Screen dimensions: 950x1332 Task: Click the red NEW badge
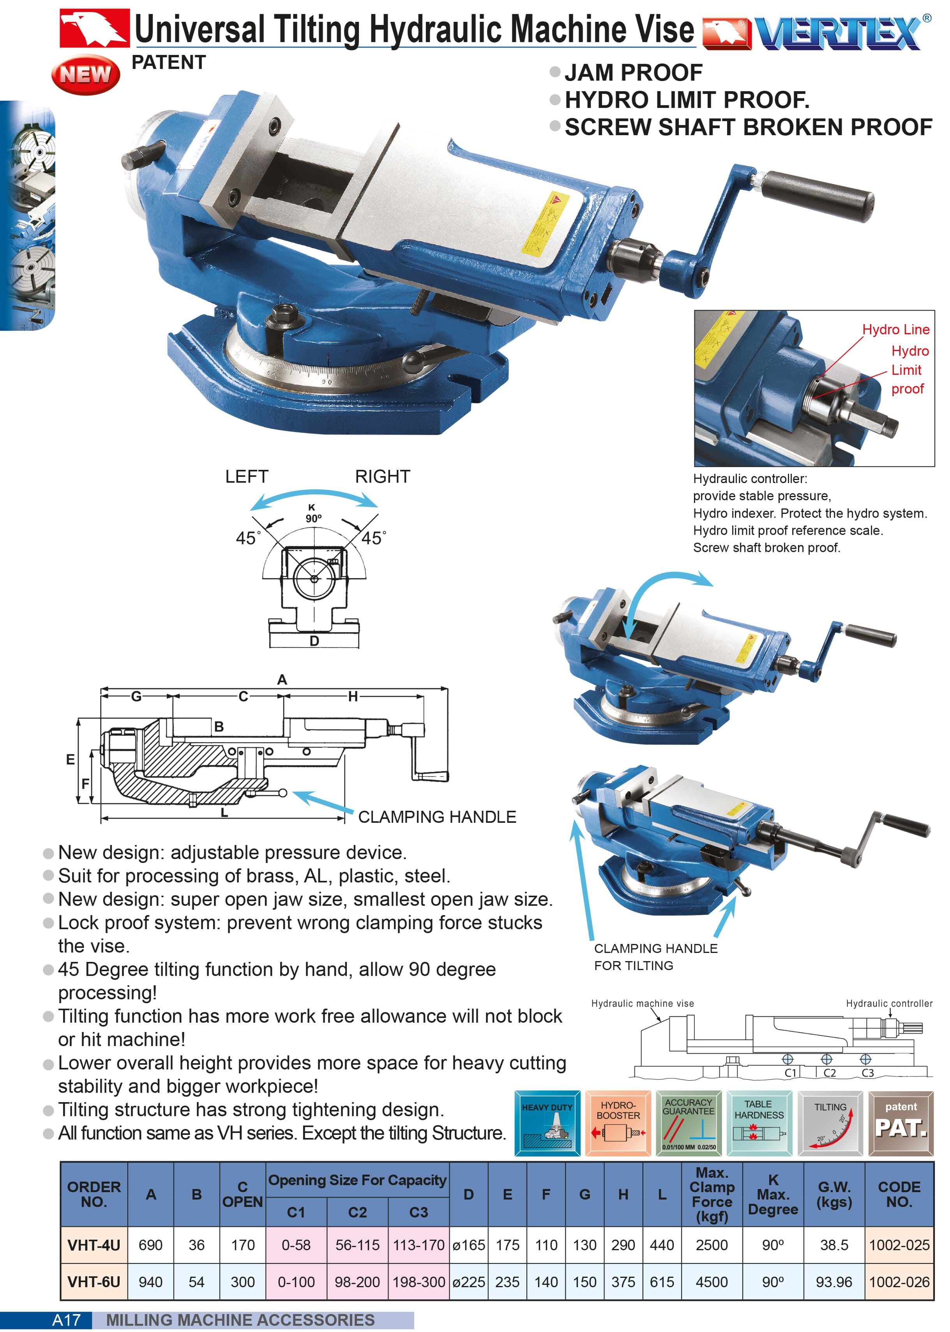pyautogui.click(x=85, y=74)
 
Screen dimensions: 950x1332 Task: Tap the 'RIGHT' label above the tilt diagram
pyautogui.click(x=383, y=476)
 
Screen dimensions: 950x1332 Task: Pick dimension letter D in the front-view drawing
pyautogui.click(x=314, y=641)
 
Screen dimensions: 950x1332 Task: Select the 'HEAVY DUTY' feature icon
pyautogui.click(x=547, y=1123)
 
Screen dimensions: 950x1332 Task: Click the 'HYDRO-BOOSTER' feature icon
pyautogui.click(x=618, y=1123)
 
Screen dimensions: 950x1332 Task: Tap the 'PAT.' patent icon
pyautogui.click(x=901, y=1123)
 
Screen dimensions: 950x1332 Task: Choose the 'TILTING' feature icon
pyautogui.click(x=830, y=1123)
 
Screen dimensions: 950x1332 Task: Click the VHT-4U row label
pyautogui.click(x=94, y=1245)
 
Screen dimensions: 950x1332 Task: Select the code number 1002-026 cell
pyautogui.click(x=899, y=1282)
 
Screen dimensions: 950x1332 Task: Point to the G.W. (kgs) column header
pyautogui.click(x=834, y=1194)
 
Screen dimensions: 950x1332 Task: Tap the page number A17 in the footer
pyautogui.click(x=66, y=1320)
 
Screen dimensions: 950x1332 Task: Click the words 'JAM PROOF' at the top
pyautogui.click(x=634, y=72)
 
